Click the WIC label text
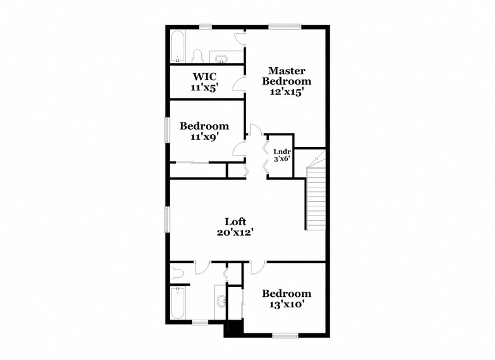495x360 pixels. (x=204, y=77)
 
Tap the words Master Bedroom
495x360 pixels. (x=287, y=76)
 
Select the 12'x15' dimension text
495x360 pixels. (x=287, y=92)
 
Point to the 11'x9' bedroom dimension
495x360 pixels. (x=204, y=137)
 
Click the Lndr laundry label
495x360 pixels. (x=281, y=152)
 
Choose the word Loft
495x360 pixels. (x=235, y=221)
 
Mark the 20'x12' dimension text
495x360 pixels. (x=235, y=232)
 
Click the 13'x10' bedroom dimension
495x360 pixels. (x=287, y=304)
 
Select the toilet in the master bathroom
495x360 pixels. (x=199, y=56)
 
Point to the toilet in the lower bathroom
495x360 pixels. (x=176, y=273)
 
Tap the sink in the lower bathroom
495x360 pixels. (x=221, y=301)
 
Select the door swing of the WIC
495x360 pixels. (x=239, y=83)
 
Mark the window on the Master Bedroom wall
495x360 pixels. (x=285, y=27)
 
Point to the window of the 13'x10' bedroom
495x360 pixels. (x=285, y=336)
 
